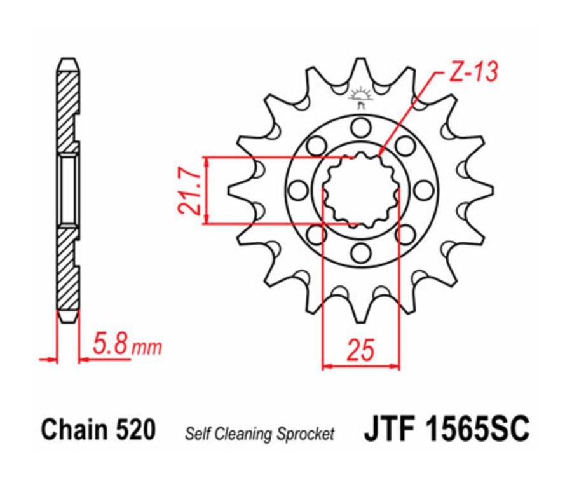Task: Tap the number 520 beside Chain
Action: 135,430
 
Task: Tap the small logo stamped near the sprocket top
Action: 360,96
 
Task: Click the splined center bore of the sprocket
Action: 360,189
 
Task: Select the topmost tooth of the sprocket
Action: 360,69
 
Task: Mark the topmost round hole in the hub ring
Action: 360,127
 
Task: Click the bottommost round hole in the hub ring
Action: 360,252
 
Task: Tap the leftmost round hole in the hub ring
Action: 297,189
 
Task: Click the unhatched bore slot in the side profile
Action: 68,189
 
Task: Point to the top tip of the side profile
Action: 68,61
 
